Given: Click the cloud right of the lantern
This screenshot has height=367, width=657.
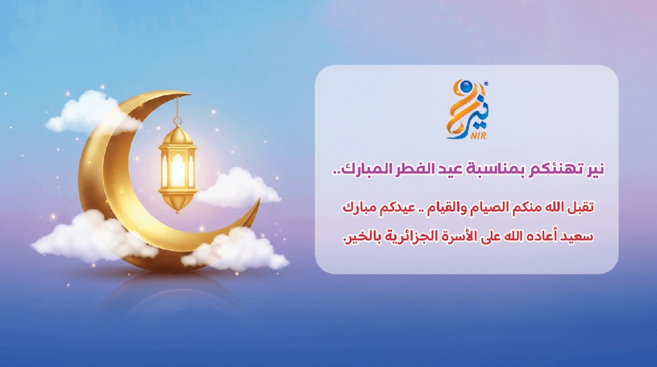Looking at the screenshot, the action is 237,187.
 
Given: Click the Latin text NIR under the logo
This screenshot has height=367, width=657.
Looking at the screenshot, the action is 478,135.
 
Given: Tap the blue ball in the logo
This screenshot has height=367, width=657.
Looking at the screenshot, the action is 465,87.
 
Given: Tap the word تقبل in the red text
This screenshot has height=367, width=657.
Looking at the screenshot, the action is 582,207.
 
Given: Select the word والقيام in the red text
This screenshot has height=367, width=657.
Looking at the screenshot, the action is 445,207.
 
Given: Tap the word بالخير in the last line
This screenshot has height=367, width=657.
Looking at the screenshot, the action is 362,237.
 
